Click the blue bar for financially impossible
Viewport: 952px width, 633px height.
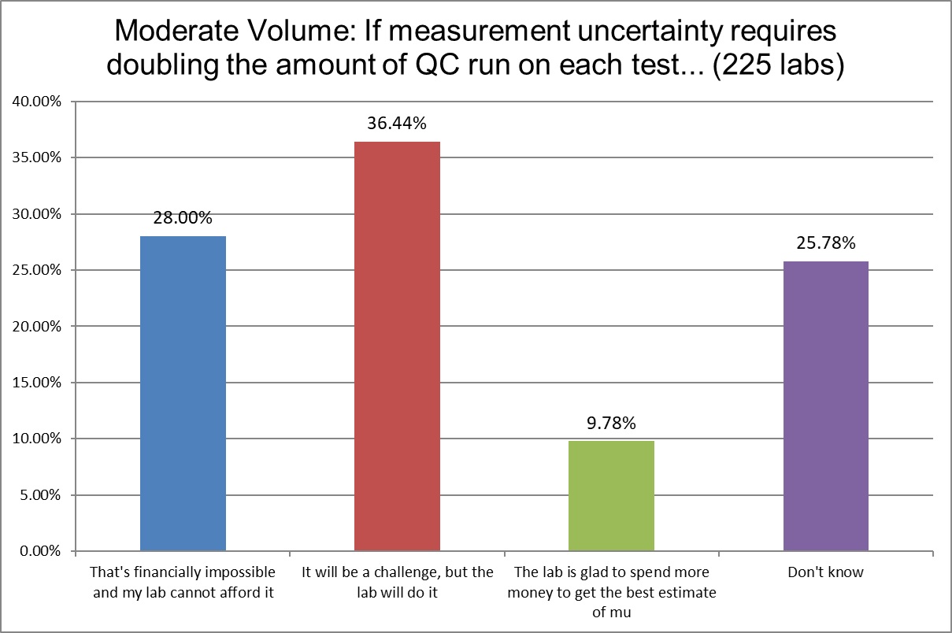tap(183, 394)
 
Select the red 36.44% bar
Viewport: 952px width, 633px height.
tap(397, 346)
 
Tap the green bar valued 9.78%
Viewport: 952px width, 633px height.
tap(611, 496)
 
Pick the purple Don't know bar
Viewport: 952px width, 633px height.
tap(826, 405)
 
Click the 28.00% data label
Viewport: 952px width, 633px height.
tap(183, 218)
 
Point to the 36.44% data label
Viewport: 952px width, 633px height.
tap(397, 124)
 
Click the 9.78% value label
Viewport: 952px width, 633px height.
tap(611, 423)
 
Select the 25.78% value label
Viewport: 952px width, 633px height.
tap(826, 243)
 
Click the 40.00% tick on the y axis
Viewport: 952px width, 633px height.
tap(35, 102)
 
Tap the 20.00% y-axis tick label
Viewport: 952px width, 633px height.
tap(35, 327)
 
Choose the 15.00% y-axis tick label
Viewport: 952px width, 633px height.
tap(35, 383)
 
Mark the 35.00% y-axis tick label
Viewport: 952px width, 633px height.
tap(35, 157)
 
